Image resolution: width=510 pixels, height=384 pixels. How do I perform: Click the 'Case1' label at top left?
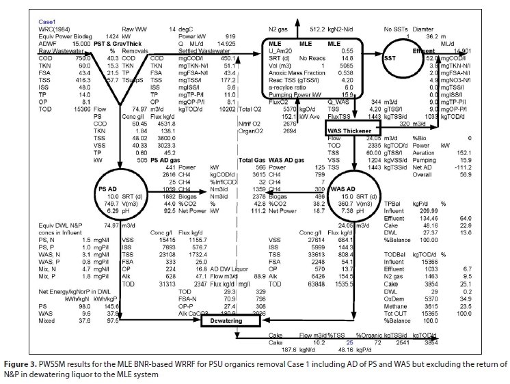[48, 22]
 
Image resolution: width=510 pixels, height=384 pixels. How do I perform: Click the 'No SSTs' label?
[397, 29]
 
